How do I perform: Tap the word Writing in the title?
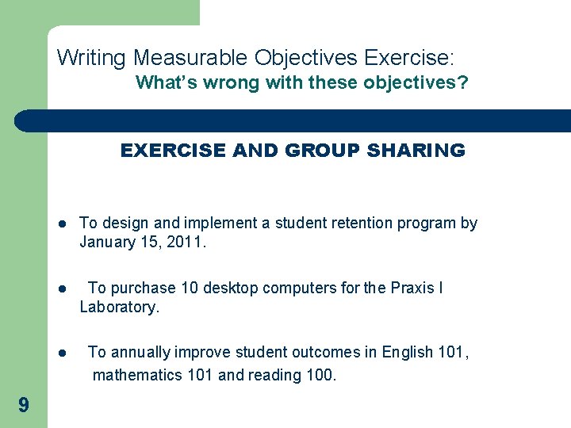(92, 58)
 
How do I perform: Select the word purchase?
(139, 288)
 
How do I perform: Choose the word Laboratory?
(119, 307)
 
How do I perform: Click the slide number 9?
(24, 406)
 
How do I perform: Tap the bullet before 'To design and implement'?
(63, 224)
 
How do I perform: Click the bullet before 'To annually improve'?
(63, 353)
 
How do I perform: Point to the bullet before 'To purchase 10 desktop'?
(63, 289)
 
